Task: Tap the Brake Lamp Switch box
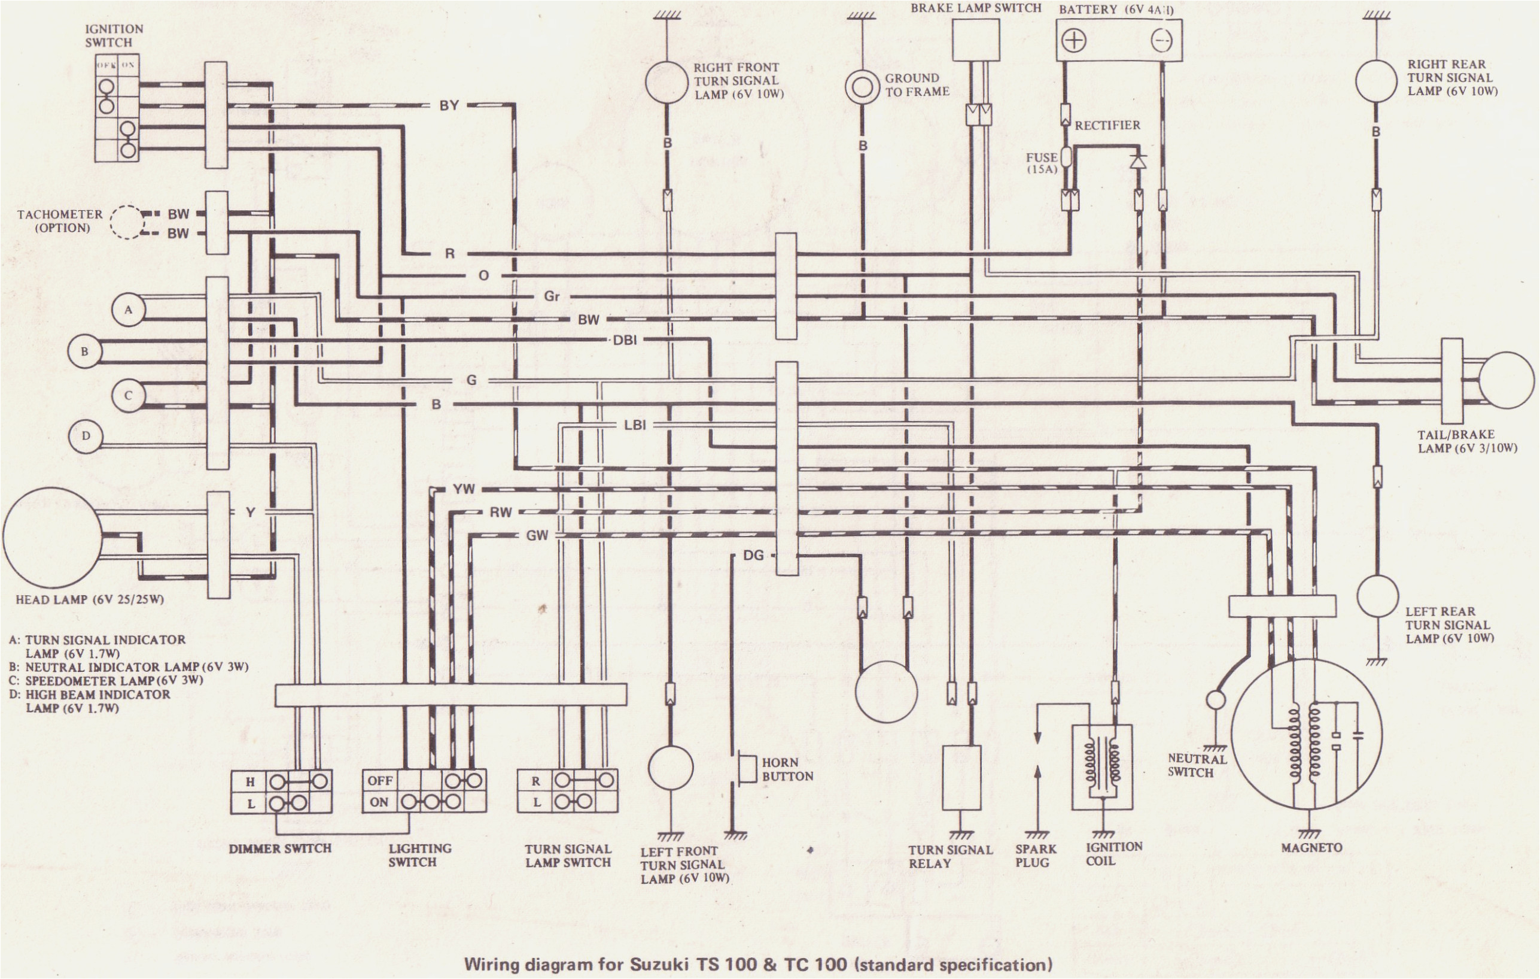[976, 40]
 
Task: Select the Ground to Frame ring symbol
[863, 87]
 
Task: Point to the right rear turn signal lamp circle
[1375, 81]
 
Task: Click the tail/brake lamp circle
[1505, 380]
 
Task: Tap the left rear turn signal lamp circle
[1378, 596]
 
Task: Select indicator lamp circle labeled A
[129, 310]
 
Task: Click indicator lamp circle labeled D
[86, 437]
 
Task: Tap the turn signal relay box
[963, 777]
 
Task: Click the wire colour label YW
[464, 490]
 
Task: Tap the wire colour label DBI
[625, 341]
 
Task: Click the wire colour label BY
[449, 105]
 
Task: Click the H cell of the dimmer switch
[251, 781]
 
